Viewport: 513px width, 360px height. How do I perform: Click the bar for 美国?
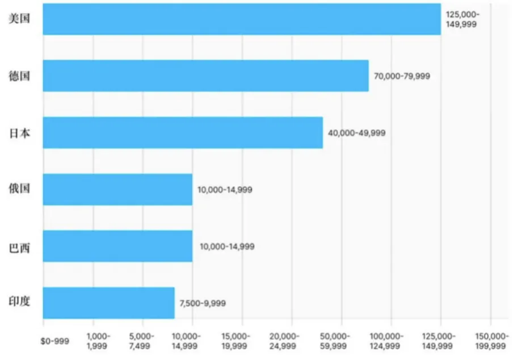pos(241,19)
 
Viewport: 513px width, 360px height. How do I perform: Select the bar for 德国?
pos(205,76)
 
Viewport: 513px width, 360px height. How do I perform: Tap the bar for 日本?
pos(183,132)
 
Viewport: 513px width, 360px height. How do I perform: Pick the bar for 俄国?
pos(117,189)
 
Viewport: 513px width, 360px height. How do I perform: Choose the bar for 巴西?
pos(117,246)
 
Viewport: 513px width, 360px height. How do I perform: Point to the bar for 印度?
pos(108,303)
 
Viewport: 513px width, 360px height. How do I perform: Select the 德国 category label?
pos(19,76)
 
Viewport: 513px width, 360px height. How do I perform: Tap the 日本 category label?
pos(19,133)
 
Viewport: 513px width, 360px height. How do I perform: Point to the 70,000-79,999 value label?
pos(402,76)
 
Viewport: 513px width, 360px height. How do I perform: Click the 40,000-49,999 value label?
pos(356,133)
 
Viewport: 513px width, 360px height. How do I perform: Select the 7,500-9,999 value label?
pos(202,303)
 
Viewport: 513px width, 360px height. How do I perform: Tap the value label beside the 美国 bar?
pos(462,19)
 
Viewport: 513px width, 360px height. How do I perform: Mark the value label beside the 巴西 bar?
pos(227,246)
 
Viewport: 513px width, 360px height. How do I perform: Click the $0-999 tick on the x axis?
pos(55,341)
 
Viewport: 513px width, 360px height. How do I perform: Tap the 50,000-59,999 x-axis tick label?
pos(342,341)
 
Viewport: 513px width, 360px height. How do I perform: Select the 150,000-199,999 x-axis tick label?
pos(491,341)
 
